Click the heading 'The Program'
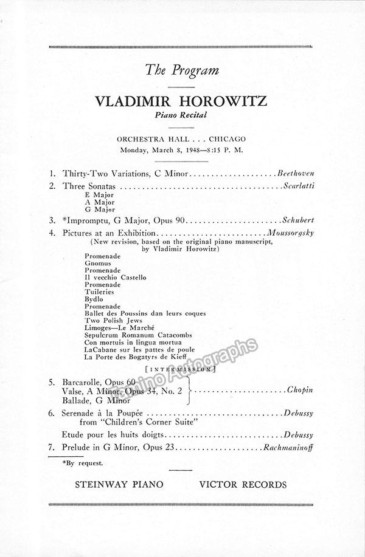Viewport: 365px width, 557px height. [182, 70]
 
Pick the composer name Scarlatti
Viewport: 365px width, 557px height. [298, 185]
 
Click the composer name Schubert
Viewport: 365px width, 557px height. [298, 220]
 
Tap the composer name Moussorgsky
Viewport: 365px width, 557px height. [290, 233]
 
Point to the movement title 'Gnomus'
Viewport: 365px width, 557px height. [99, 263]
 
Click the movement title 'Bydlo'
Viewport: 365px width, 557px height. [94, 299]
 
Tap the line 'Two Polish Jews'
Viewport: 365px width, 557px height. [114, 321]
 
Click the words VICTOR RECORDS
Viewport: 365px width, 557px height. [242, 485]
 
